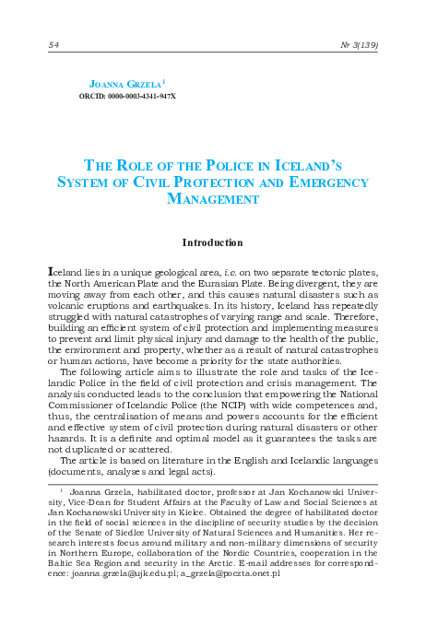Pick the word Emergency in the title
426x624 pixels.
[x=317, y=182]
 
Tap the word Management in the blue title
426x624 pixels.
[x=212, y=198]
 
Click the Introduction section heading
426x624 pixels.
[x=212, y=243]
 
